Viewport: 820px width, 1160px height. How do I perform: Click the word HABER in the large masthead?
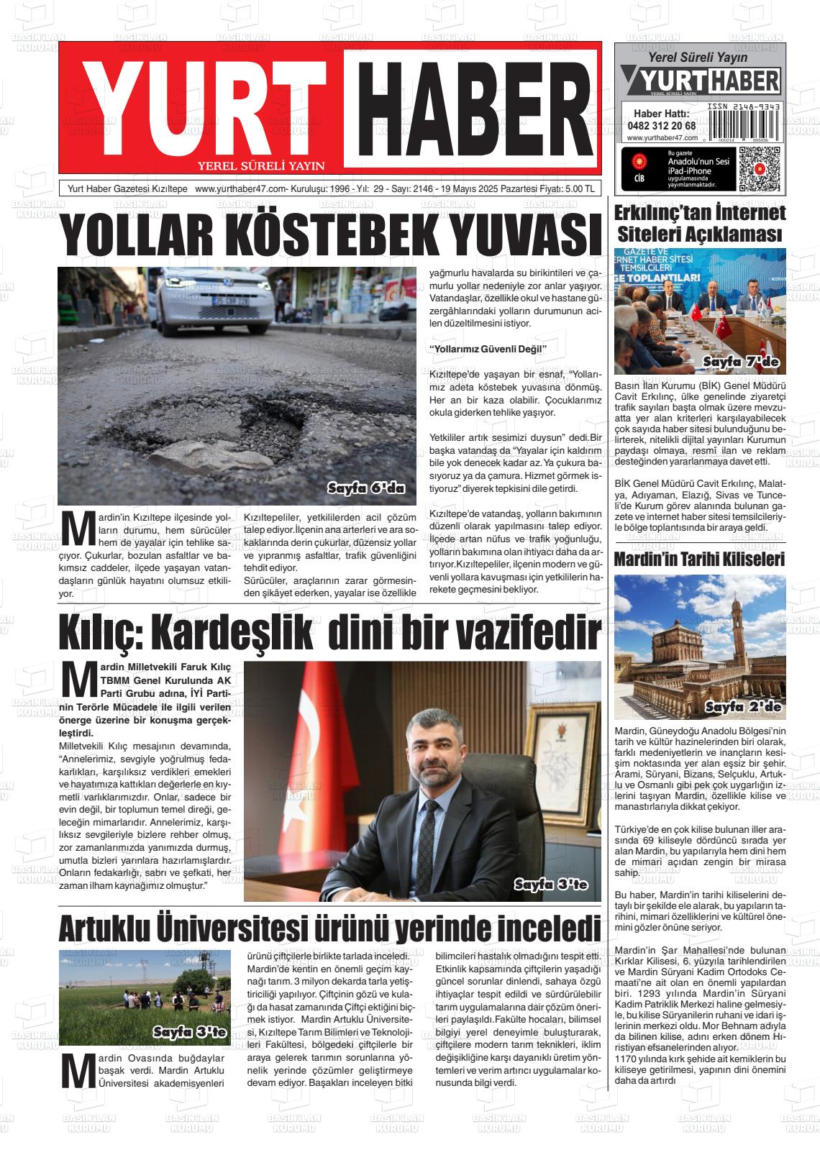pos(470,104)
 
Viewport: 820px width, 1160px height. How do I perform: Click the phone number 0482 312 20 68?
pos(661,125)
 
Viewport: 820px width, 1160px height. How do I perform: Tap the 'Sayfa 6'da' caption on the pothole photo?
pos(366,488)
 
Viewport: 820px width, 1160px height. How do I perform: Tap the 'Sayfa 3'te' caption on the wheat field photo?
pos(189,1033)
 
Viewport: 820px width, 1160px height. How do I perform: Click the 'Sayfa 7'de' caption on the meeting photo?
pos(740,362)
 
